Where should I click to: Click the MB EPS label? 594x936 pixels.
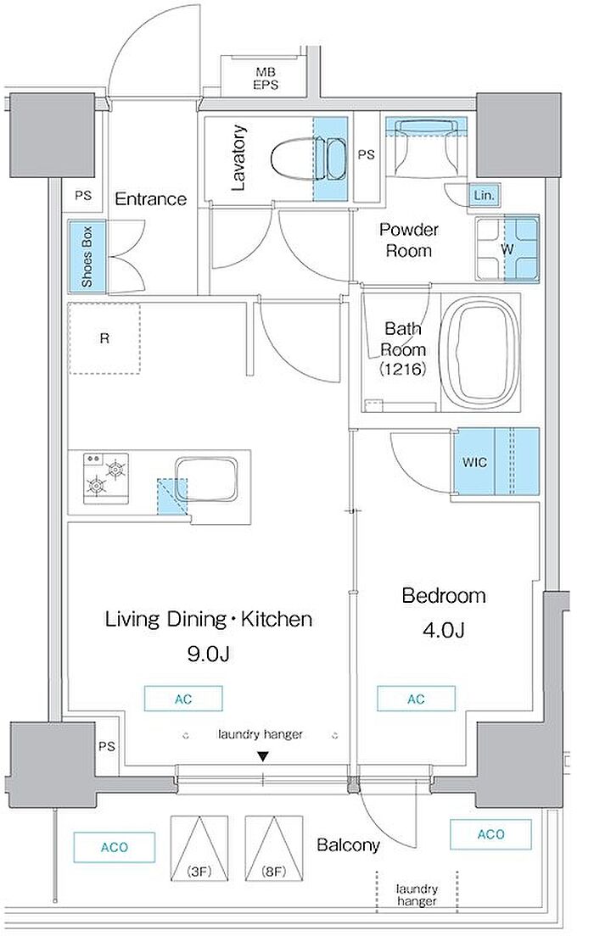click(266, 79)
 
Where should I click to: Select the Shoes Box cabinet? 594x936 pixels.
click(87, 257)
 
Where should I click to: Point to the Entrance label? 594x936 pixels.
click(150, 198)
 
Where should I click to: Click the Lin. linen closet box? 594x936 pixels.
click(483, 195)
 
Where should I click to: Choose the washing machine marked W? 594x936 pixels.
click(507, 248)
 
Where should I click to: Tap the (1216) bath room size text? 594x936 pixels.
click(403, 370)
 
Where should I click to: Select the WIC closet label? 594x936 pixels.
click(474, 462)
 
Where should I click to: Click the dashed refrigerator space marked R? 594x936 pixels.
click(104, 338)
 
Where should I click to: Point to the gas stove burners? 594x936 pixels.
click(106, 476)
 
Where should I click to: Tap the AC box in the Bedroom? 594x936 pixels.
click(416, 699)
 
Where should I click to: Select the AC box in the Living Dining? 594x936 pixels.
click(183, 699)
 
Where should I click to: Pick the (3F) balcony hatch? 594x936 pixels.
click(199, 849)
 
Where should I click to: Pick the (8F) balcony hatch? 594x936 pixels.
click(273, 849)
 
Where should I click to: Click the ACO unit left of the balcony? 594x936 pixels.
click(115, 847)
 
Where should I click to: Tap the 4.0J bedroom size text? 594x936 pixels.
click(443, 631)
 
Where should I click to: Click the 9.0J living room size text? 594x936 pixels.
click(208, 655)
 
